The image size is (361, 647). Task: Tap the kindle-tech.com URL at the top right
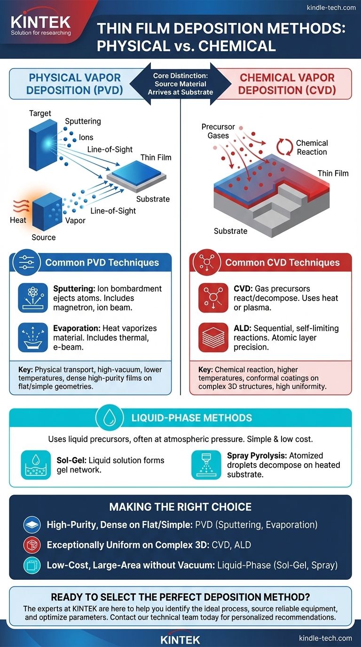pos(331,7)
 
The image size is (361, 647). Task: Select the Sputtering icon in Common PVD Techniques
pos(33,298)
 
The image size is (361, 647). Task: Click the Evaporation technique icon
pos(33,338)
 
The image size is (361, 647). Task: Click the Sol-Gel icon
pos(36,465)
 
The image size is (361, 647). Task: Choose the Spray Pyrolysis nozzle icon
pos(206,465)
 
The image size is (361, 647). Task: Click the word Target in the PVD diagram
pos(40,113)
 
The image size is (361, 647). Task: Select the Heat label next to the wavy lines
pos(18,220)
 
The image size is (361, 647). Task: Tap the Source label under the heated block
pos(44,237)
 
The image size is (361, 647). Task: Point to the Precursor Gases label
pos(216,131)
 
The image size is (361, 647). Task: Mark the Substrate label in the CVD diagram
pos(230,231)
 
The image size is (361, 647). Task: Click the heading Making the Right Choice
pos(180,507)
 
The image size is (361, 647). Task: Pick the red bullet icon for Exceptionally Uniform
pos(31,545)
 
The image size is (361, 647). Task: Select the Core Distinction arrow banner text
pos(181,84)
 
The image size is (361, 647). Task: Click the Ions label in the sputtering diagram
pos(86,137)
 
